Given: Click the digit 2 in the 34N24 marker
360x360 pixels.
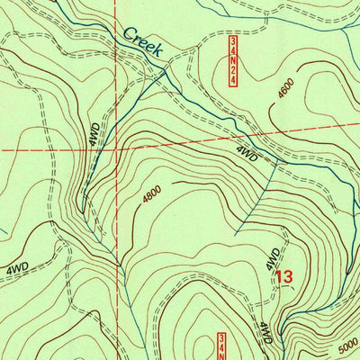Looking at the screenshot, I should [232, 74].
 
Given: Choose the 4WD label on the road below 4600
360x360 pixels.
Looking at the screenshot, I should [248, 154].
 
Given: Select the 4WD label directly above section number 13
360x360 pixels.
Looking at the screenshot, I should [273, 259].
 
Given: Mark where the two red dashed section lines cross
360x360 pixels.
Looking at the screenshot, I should [116, 147].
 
